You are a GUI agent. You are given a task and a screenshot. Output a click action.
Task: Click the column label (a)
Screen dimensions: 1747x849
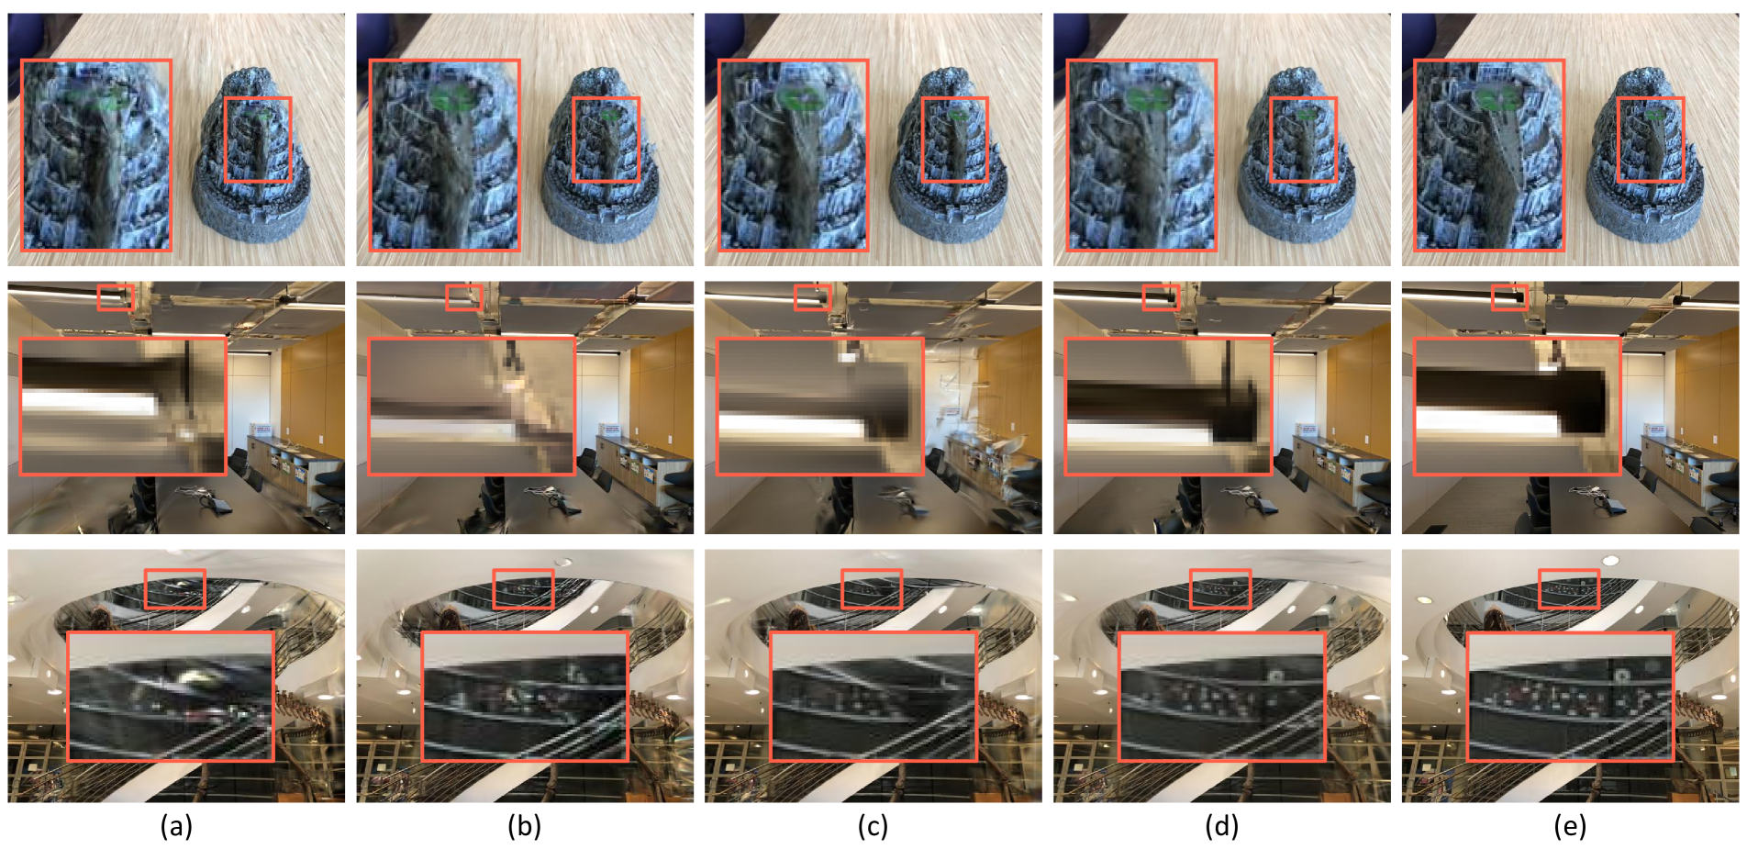(x=176, y=827)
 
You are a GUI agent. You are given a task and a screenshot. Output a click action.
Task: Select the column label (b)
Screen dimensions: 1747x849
(x=524, y=827)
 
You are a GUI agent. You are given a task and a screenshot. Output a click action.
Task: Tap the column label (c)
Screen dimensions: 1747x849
(x=873, y=827)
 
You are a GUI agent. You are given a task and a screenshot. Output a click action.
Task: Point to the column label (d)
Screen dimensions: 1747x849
(x=1221, y=827)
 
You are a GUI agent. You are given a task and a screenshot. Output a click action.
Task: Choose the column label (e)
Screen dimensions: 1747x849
(x=1570, y=827)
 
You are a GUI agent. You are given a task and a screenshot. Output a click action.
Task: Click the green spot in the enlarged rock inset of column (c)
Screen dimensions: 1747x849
(x=799, y=99)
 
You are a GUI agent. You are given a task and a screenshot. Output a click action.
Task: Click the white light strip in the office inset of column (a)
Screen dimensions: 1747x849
(x=90, y=403)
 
